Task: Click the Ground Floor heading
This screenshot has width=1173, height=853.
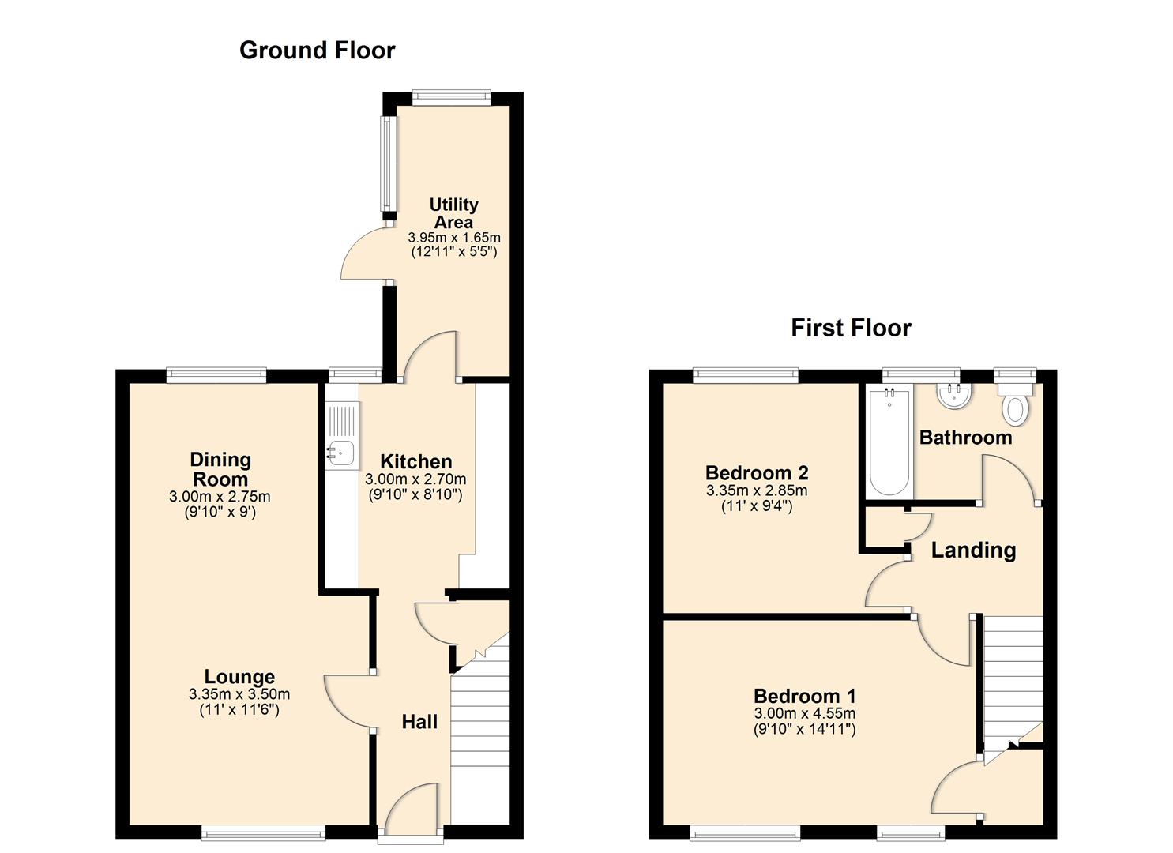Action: tap(317, 51)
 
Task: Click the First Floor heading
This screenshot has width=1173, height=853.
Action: tap(851, 328)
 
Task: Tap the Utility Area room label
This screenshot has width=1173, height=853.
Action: tap(453, 213)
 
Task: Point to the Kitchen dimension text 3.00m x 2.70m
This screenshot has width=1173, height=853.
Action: tap(415, 479)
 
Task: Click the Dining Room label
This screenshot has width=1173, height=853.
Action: tap(220, 469)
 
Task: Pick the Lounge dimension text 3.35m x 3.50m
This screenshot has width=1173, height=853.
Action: tap(239, 694)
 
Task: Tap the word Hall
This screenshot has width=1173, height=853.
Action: tap(419, 722)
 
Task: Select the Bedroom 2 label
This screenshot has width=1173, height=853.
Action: tap(756, 473)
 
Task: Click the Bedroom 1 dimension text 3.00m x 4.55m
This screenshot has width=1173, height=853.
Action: tap(804, 713)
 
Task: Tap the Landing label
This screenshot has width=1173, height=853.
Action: tap(973, 551)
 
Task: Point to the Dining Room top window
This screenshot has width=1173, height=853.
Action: tap(216, 376)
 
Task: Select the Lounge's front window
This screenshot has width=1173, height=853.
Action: tap(263, 832)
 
